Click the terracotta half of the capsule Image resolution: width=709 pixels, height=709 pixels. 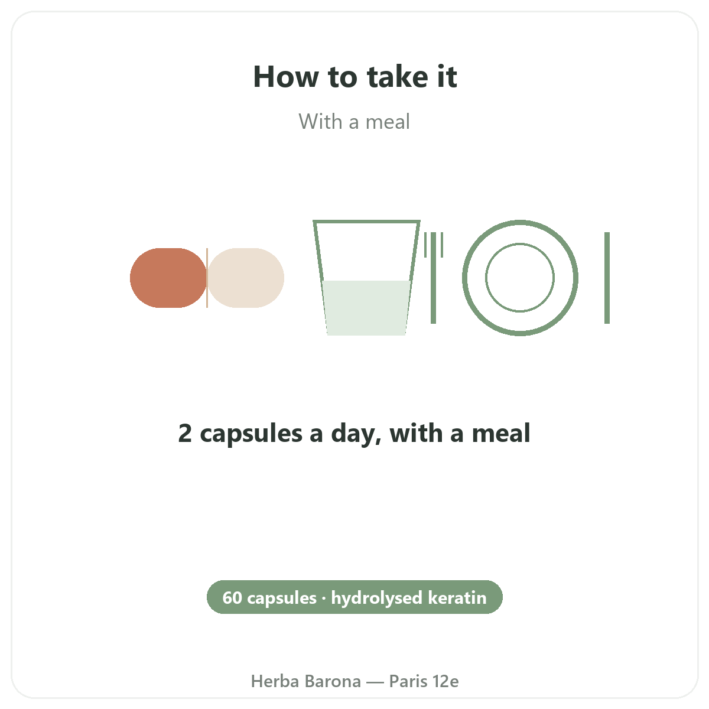pos(168,278)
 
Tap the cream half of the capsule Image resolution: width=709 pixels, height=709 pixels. pos(246,278)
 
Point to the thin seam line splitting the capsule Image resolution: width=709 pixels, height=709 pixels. pos(207,278)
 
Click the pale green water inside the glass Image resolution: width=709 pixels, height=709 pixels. pos(366,308)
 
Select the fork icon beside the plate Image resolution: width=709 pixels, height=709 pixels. pos(434,278)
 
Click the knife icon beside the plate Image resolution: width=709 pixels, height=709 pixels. pos(607,278)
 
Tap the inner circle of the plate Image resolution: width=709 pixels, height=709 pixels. pos(520,243)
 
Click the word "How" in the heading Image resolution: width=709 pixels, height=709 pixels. pos(286,77)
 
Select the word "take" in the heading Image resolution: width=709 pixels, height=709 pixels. pos(397,77)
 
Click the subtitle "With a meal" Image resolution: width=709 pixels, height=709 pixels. pos(354,122)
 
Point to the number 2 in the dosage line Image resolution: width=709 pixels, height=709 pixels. pos(185,433)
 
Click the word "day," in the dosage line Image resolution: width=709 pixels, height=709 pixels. pos(356,434)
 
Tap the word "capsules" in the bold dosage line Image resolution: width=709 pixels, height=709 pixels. pos(251,434)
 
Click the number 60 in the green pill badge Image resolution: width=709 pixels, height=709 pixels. pos(232,598)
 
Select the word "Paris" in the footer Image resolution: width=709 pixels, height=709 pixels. pos(408,681)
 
